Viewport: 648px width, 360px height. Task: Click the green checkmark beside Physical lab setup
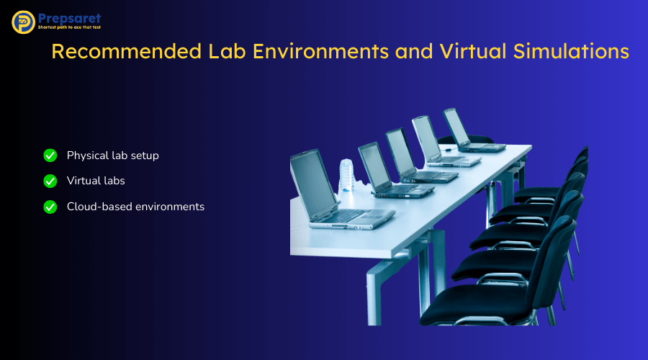50,155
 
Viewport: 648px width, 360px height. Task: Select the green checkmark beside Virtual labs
50,181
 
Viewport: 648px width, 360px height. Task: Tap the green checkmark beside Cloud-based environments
50,207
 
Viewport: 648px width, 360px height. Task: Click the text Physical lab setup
112,155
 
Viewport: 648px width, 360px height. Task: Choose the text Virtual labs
96,181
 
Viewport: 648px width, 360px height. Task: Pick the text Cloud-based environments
135,207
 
